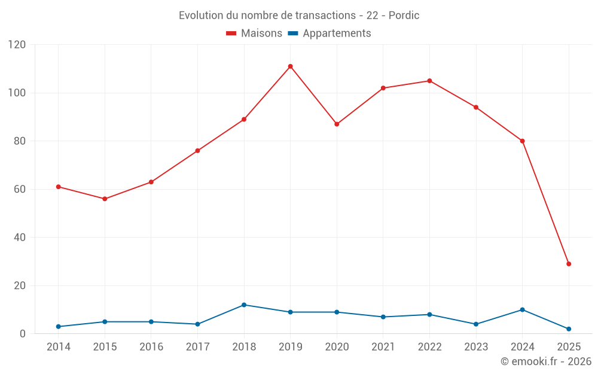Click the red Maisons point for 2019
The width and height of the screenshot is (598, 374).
290,66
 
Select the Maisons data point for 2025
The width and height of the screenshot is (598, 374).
569,264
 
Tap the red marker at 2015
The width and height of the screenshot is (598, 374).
105,199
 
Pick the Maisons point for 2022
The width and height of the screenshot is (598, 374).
429,81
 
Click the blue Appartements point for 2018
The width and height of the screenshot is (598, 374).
244,305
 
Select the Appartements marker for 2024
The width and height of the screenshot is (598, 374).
522,310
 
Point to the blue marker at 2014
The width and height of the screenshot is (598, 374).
58,327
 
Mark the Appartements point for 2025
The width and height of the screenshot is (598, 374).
569,329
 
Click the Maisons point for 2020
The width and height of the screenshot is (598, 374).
337,124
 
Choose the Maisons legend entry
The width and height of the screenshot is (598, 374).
254,34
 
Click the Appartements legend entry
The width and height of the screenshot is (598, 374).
329,34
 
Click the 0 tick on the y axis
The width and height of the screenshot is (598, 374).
23,334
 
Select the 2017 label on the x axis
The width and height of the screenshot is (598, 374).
197,347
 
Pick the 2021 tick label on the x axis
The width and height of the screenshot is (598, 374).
383,347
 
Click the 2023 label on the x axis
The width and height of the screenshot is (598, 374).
476,347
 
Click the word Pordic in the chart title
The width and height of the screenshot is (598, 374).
404,16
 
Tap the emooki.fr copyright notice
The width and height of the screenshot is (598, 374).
545,361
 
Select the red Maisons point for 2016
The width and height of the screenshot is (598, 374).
151,182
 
